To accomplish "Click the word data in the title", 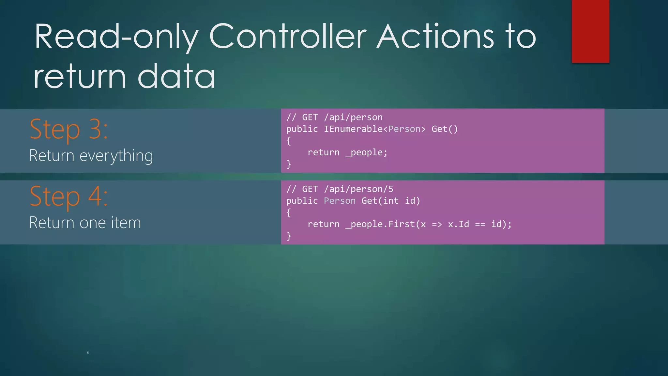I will (176, 77).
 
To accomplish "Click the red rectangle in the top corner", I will (590, 31).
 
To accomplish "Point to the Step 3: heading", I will (68, 130).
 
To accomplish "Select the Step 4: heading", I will (68, 196).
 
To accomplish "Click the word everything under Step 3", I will (116, 156).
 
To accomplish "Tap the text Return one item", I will (85, 223).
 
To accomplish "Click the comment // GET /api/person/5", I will (340, 189).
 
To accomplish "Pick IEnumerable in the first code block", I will (353, 129).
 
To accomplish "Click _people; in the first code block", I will (366, 152).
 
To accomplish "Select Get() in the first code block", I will (445, 129).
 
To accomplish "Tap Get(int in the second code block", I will (380, 201).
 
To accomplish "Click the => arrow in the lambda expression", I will (437, 224).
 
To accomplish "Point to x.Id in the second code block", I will (458, 224).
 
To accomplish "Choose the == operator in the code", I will (480, 224).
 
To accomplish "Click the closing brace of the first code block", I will (289, 164).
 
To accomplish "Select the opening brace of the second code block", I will (289, 212).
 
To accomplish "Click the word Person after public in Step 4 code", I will (340, 201).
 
